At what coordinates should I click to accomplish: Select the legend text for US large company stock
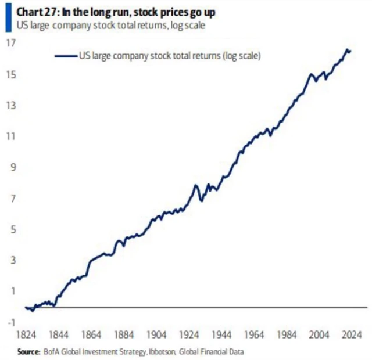pos(169,56)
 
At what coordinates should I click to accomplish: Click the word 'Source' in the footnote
pos(27,351)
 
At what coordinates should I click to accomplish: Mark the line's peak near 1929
pos(195,185)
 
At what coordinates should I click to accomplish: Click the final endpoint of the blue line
pos(350,51)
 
